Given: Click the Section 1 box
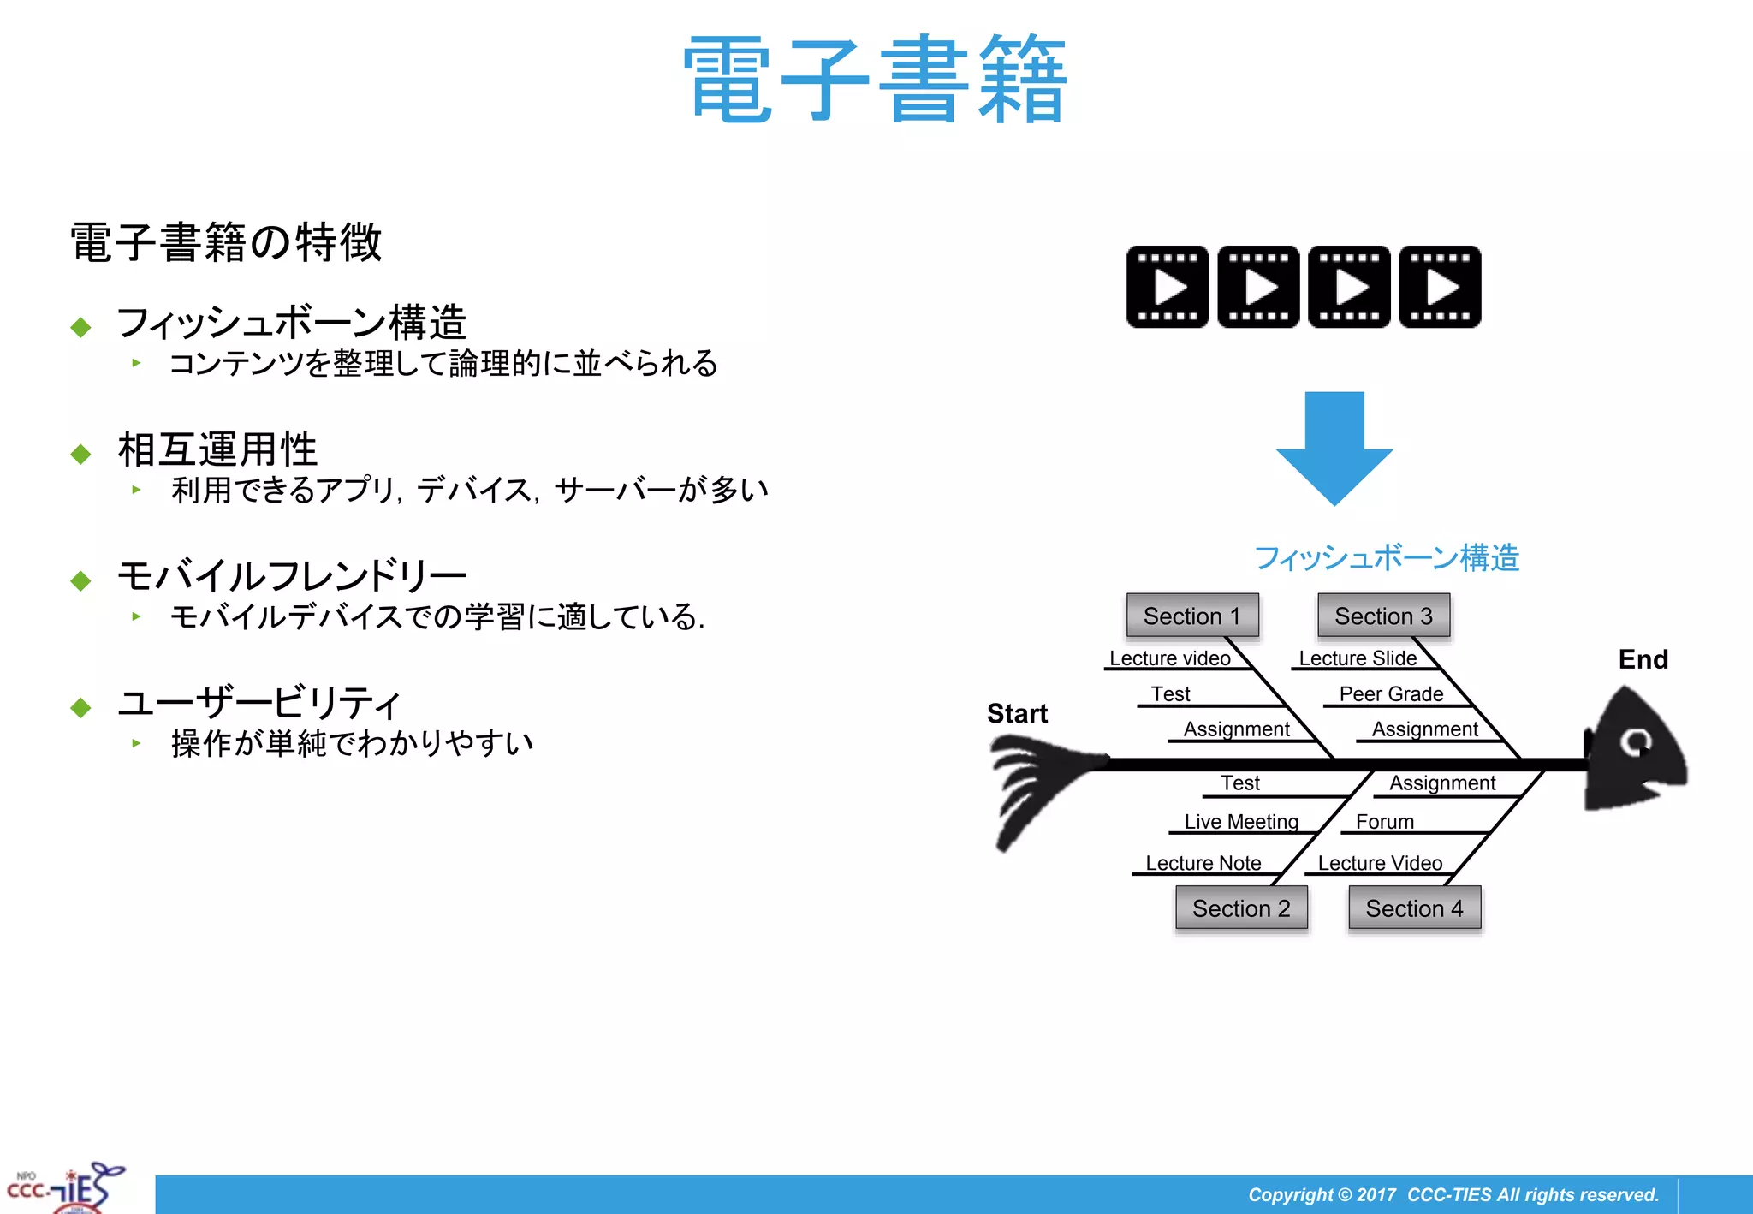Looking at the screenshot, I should pos(1192,616).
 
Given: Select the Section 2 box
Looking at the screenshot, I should pos(1241,908).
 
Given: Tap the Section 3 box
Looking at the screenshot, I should pos(1383,616).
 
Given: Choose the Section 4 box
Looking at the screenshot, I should pos(1414,908).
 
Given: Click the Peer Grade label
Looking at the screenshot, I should pos(1391,693).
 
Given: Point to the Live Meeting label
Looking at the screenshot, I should pos(1241,821).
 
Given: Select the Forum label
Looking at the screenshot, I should pos(1384,821).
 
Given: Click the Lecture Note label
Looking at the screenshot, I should pos(1203,862).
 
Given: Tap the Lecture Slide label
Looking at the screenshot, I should pos(1358,658).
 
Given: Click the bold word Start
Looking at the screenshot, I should pos(1017,713).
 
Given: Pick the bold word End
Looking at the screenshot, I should pos(1643,659).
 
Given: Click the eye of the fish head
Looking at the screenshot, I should pos(1637,741).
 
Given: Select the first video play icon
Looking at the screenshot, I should pos(1168,287).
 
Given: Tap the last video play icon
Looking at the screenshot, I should pos(1440,287).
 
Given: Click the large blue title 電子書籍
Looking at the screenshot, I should pos(875,79).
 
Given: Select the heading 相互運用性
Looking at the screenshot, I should pos(217,449).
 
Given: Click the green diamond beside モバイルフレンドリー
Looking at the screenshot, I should pos(81,580).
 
